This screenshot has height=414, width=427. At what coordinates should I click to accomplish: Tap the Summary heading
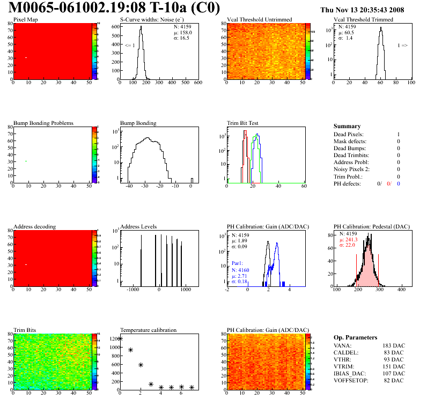347,126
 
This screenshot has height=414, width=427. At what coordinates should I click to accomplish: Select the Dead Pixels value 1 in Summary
398,134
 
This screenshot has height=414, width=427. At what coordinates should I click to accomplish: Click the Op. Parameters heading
355,337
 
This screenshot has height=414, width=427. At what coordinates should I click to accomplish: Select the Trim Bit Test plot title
242,123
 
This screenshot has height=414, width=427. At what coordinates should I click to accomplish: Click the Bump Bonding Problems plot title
43,123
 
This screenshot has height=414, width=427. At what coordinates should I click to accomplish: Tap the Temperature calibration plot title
148,330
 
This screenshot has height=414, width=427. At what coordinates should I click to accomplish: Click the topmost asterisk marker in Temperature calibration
120,338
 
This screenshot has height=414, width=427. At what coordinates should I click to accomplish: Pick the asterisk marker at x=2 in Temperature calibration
141,365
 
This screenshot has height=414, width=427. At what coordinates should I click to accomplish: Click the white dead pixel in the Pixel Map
26,57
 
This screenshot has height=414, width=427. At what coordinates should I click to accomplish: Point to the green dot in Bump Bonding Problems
26,161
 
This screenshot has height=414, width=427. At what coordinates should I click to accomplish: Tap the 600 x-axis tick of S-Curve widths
197,83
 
